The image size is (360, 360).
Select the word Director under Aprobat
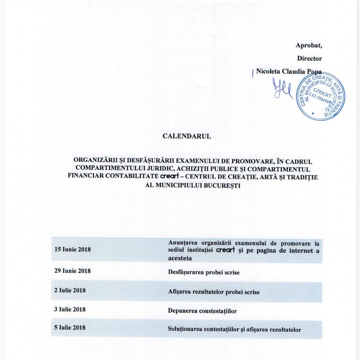click(x=309, y=58)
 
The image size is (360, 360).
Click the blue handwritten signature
click(x=283, y=90)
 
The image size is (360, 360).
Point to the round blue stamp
click(x=321, y=96)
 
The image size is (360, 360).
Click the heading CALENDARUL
click(x=187, y=136)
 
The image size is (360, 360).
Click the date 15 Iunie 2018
click(x=72, y=250)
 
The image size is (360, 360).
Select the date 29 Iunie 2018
click(x=72, y=271)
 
